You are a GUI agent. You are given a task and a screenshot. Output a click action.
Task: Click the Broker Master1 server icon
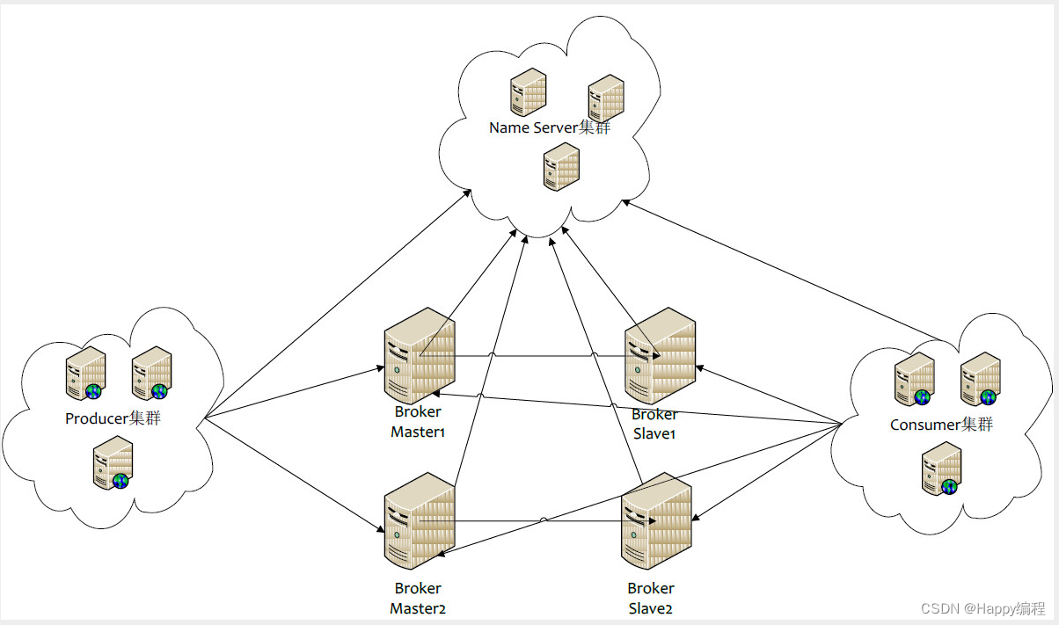click(x=420, y=355)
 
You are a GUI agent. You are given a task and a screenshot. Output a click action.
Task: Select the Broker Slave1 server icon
click(x=660, y=355)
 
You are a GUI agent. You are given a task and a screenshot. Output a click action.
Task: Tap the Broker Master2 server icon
click(x=420, y=520)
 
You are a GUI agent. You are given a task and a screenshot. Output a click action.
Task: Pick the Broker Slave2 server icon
click(x=656, y=520)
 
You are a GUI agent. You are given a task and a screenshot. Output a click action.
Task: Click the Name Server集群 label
click(x=550, y=128)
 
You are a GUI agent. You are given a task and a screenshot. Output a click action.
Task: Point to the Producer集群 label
click(x=113, y=418)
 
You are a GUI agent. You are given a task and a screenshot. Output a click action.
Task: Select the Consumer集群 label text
click(x=941, y=425)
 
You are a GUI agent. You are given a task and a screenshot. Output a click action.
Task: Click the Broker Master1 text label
click(x=418, y=422)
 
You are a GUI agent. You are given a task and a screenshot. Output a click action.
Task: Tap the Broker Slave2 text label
click(x=651, y=598)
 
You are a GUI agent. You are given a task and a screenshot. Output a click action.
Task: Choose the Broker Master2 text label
click(x=418, y=598)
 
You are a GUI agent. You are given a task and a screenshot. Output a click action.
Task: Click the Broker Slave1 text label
click(x=655, y=424)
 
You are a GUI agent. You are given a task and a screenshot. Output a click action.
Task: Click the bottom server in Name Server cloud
click(x=561, y=167)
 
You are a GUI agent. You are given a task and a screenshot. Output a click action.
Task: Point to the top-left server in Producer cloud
click(x=87, y=373)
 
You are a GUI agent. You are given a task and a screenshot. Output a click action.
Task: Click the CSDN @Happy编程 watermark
click(x=982, y=608)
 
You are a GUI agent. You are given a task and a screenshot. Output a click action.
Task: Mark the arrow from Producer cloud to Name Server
click(x=334, y=308)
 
